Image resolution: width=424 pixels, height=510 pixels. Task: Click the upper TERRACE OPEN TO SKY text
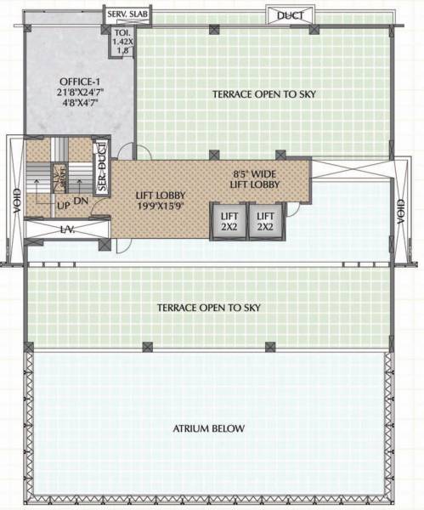(264, 94)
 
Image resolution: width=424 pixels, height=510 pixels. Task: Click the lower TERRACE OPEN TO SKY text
(208, 307)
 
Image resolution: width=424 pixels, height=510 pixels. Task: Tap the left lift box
(228, 221)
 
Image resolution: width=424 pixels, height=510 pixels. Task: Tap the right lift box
(266, 221)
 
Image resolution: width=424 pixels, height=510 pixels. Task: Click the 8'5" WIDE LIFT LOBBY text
(256, 179)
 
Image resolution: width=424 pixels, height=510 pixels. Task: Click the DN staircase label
(82, 201)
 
